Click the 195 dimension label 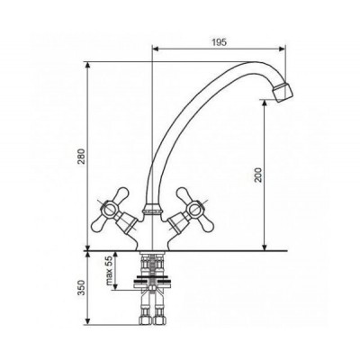[220, 42]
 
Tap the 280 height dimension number [83, 156]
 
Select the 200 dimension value [258, 175]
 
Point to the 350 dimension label [83, 288]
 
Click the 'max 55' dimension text [109, 271]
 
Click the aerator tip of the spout [283, 92]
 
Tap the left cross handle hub [108, 208]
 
